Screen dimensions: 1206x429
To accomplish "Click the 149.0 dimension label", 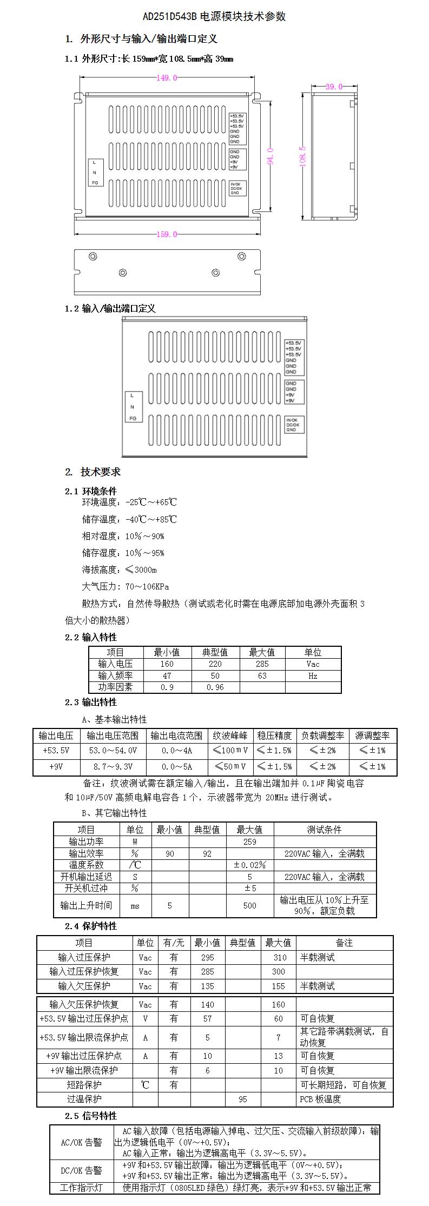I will click(x=167, y=78).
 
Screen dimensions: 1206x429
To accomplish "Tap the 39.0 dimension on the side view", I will click(x=334, y=87).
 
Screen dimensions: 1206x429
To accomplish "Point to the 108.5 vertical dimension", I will click(x=303, y=156).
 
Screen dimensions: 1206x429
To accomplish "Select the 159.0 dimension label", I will click(x=167, y=234).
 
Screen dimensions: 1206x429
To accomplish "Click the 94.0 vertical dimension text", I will click(x=270, y=156).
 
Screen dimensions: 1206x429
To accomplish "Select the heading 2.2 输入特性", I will click(x=91, y=637).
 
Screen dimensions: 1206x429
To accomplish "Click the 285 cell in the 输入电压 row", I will click(x=262, y=664).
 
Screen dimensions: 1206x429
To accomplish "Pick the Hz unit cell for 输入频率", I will click(x=313, y=676).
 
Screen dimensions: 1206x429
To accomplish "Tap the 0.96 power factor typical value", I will click(x=215, y=687).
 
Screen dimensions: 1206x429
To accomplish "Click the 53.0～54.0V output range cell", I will click(x=113, y=751).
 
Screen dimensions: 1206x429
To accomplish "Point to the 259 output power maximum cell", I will click(x=250, y=842).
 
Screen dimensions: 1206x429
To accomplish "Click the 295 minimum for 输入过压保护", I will click(x=207, y=958).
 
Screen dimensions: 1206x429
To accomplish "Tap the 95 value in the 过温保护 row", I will click(x=243, y=1099).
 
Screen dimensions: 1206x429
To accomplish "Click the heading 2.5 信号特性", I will click(x=91, y=1116).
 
